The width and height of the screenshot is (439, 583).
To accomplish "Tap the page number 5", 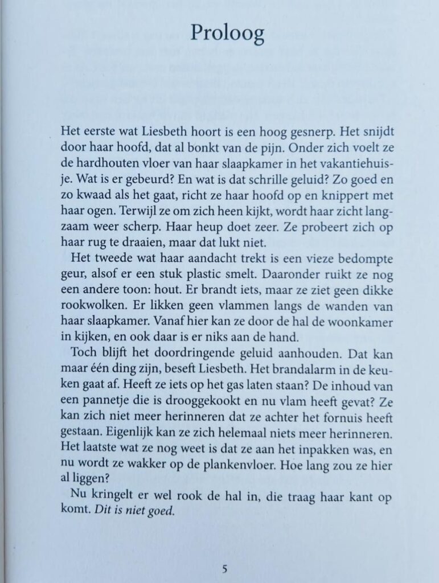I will tap(225, 568).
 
